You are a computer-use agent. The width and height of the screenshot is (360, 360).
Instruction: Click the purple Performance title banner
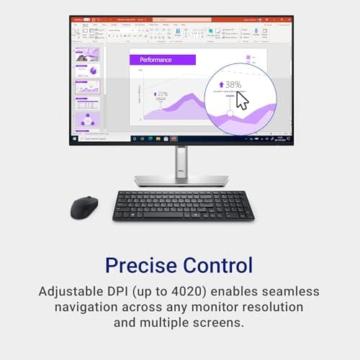[x=161, y=60]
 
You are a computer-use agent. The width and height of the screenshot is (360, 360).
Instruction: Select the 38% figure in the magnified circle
[x=232, y=84]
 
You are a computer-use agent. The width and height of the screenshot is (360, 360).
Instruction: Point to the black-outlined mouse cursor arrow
[x=242, y=100]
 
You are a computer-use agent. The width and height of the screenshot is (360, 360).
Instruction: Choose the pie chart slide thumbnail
[x=89, y=71]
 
